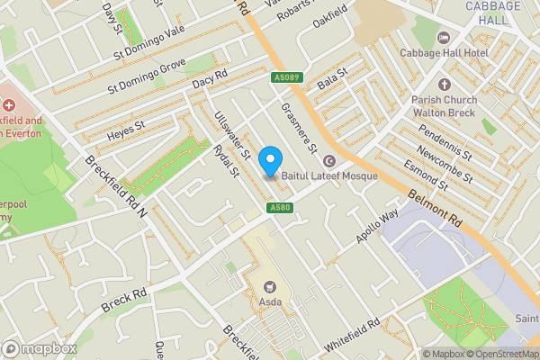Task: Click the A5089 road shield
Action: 285,78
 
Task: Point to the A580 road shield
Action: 280,209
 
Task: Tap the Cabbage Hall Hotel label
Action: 484,38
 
